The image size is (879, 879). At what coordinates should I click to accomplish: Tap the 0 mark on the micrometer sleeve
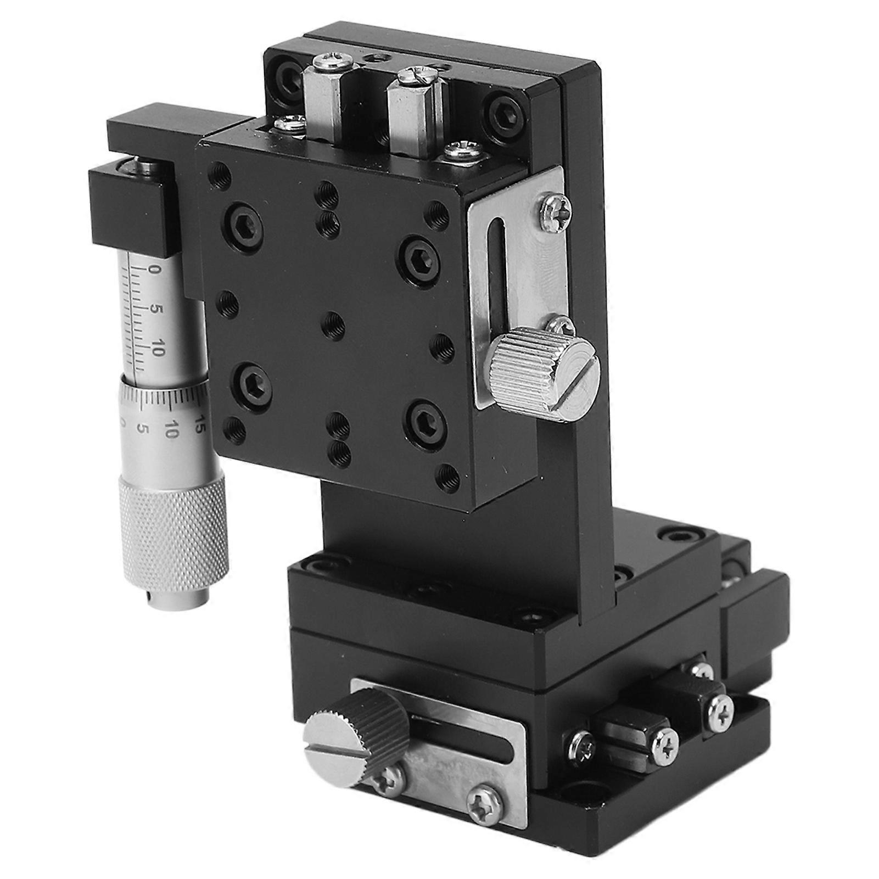pyautogui.click(x=154, y=270)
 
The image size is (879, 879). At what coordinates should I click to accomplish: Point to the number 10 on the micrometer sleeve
pyautogui.click(x=157, y=348)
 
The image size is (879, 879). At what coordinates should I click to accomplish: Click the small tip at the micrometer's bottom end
pyautogui.click(x=178, y=598)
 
